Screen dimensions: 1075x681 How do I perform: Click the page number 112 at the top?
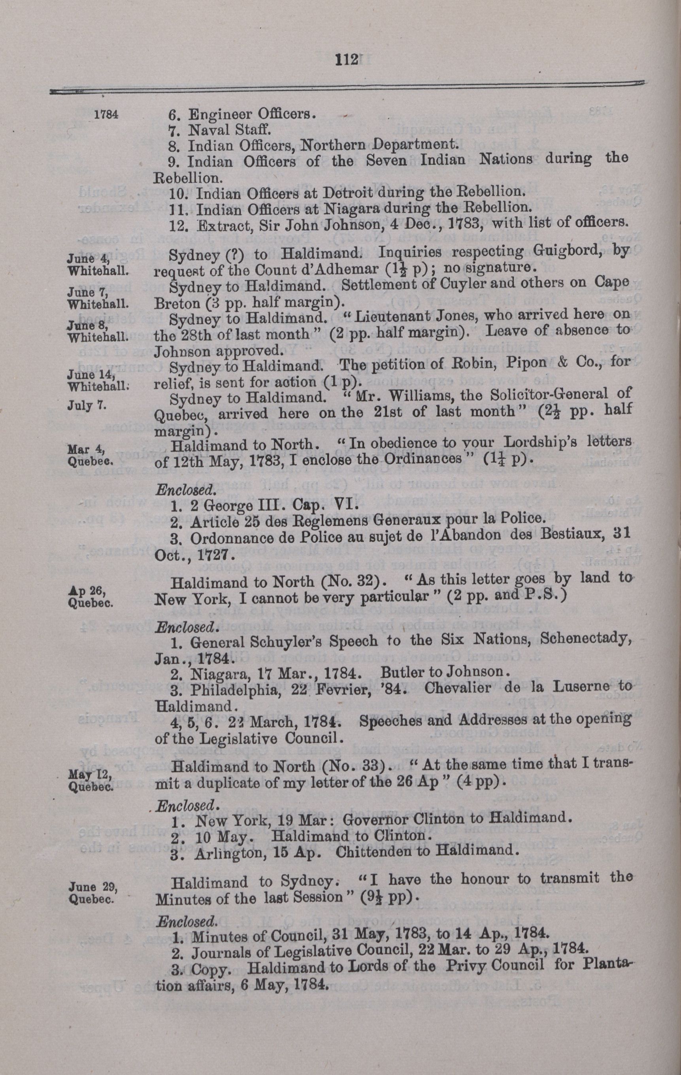tap(346, 60)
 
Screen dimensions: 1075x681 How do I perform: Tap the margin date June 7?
tap(85, 292)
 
